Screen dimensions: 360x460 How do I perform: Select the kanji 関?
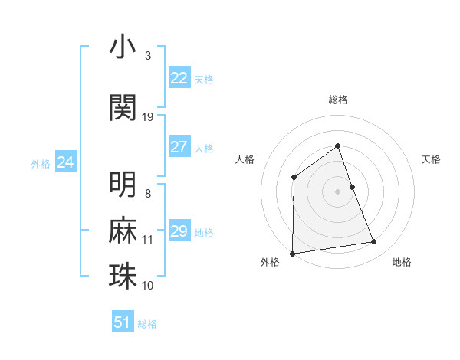(x=123, y=107)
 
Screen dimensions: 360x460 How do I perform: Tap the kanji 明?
(x=123, y=185)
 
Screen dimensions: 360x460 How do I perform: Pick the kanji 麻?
(x=123, y=231)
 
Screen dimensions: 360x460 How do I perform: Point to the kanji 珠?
(x=123, y=277)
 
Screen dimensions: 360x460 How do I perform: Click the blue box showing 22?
(x=179, y=78)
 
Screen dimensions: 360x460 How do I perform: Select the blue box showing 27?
(x=179, y=147)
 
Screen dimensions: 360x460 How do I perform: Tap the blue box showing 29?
(x=179, y=231)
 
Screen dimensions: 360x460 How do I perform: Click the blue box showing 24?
(x=66, y=162)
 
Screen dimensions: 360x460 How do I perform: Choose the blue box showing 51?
(x=123, y=322)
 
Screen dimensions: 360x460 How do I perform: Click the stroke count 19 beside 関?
(x=148, y=117)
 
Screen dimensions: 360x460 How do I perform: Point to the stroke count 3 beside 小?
(x=148, y=56)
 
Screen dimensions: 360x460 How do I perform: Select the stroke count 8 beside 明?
(x=148, y=194)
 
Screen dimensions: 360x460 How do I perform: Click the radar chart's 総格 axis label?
(x=337, y=100)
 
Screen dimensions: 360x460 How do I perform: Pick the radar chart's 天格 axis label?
(x=431, y=159)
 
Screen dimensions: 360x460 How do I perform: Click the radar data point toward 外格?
(x=292, y=253)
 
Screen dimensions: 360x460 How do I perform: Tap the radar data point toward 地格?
(x=374, y=242)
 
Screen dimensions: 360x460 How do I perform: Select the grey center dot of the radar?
(x=337, y=191)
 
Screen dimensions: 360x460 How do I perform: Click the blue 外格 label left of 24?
(x=41, y=163)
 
